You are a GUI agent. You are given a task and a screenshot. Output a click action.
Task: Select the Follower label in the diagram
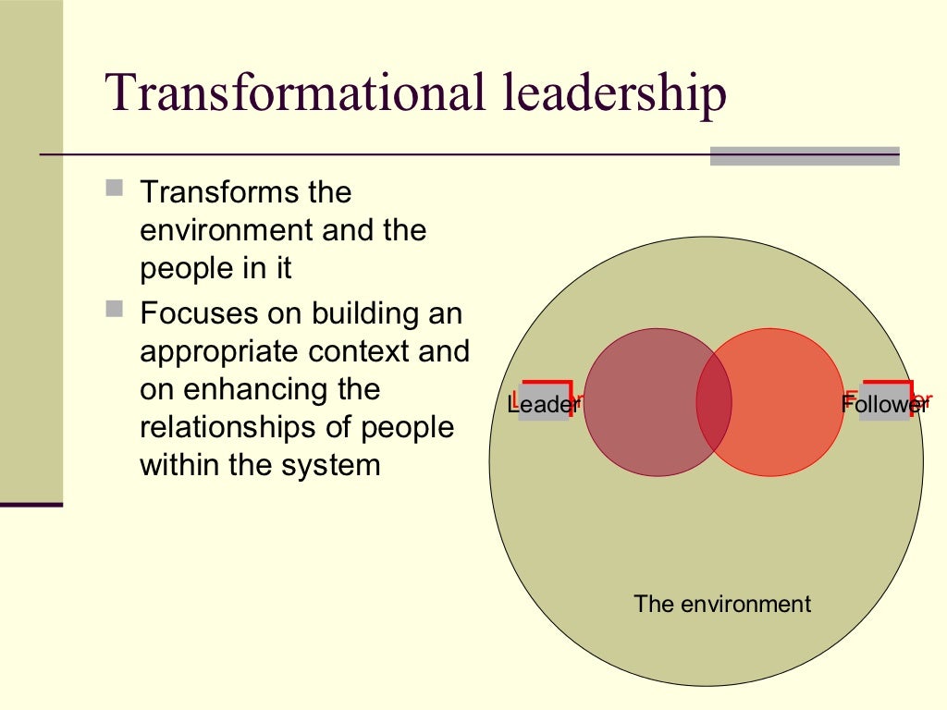pyautogui.click(x=884, y=403)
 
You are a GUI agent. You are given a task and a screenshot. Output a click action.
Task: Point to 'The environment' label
pyautogui.click(x=721, y=604)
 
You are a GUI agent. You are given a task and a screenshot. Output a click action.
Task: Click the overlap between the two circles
pyautogui.click(x=714, y=402)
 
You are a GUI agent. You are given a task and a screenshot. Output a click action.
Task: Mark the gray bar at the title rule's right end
pyautogui.click(x=804, y=156)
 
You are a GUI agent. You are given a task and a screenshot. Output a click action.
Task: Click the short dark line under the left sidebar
pyautogui.click(x=31, y=505)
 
